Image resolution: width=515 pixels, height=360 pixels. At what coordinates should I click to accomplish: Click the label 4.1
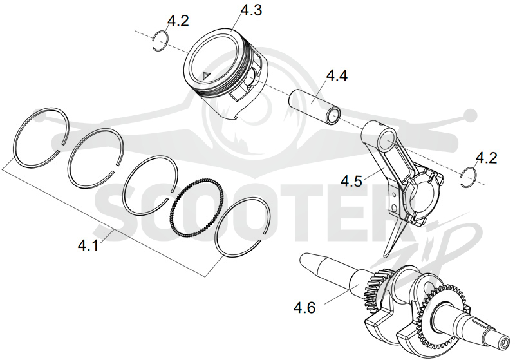(88, 245)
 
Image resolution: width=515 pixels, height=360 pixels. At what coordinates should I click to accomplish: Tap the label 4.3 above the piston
(251, 10)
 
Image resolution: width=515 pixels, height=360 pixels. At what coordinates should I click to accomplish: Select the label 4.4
(337, 75)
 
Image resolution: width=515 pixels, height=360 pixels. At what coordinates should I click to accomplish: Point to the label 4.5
(351, 181)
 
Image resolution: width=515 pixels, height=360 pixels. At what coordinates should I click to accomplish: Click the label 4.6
(304, 308)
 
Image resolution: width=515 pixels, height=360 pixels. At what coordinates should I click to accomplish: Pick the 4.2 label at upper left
(178, 21)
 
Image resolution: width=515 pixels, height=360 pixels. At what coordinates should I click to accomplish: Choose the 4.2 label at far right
(487, 158)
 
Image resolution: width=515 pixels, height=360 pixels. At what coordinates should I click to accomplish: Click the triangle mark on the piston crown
(206, 75)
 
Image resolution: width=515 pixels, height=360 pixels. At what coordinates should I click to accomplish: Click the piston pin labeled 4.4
(315, 106)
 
